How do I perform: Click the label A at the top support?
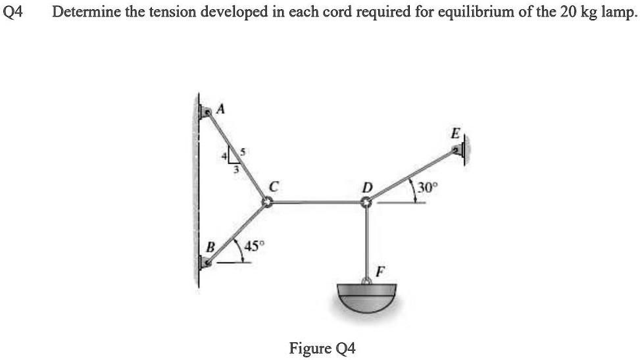(x=221, y=109)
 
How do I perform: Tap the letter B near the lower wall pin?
(x=210, y=247)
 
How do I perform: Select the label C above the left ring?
(x=274, y=187)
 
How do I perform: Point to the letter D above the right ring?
(x=367, y=188)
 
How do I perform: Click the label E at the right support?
(x=456, y=133)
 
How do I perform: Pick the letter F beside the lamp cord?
(x=380, y=271)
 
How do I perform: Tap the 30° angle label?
(x=428, y=188)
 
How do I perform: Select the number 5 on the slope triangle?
(x=243, y=153)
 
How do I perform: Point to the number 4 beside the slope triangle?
(x=224, y=156)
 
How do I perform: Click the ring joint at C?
(x=267, y=202)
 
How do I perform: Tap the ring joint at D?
(x=366, y=202)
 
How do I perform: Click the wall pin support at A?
(x=205, y=111)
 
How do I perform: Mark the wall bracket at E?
(x=460, y=150)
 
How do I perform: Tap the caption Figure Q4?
(x=322, y=348)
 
